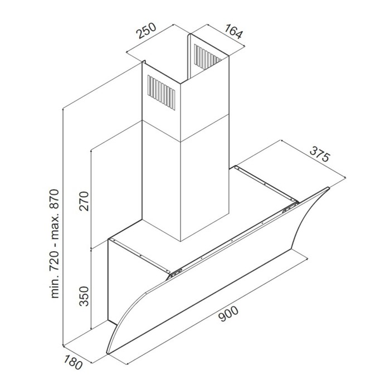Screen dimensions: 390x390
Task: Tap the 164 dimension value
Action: tap(233, 31)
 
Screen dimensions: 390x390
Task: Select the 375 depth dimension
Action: tap(320, 154)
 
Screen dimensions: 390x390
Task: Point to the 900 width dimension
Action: tap(228, 314)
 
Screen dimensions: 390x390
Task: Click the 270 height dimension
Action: tap(84, 201)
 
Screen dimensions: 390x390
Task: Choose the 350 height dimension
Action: tap(84, 296)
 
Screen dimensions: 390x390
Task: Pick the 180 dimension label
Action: tap(73, 362)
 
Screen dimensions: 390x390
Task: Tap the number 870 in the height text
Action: tap(55, 200)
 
